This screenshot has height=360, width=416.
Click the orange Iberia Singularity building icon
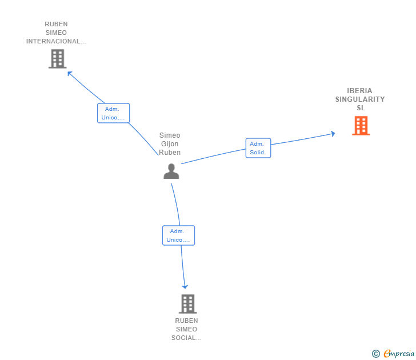(x=361, y=126)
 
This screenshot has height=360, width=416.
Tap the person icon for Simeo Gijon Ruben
(x=171, y=171)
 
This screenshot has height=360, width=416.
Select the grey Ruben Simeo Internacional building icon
(x=57, y=59)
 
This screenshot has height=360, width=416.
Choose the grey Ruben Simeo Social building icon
(x=187, y=303)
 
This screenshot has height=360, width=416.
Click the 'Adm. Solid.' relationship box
(x=258, y=148)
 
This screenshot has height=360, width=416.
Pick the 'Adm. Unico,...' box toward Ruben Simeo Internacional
(x=113, y=113)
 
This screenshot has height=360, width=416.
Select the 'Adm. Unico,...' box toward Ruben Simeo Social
(x=178, y=235)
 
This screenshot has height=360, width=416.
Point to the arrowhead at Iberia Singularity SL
(x=332, y=134)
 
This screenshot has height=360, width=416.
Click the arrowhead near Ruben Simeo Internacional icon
(x=70, y=73)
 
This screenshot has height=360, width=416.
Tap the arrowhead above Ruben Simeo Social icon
(x=185, y=286)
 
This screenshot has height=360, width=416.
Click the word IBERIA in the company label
(x=359, y=91)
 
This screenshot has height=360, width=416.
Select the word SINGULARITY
(x=359, y=99)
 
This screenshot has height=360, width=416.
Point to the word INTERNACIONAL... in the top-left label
(x=56, y=41)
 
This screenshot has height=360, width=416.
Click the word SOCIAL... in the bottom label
(x=186, y=338)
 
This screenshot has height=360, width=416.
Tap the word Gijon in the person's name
(x=170, y=144)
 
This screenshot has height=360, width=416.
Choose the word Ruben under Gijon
(x=170, y=153)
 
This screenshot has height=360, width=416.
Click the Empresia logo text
(x=399, y=354)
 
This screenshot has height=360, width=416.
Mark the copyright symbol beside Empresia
(x=376, y=354)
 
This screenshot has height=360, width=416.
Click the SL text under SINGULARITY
(x=360, y=108)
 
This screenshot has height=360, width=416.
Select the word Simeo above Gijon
(x=170, y=135)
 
